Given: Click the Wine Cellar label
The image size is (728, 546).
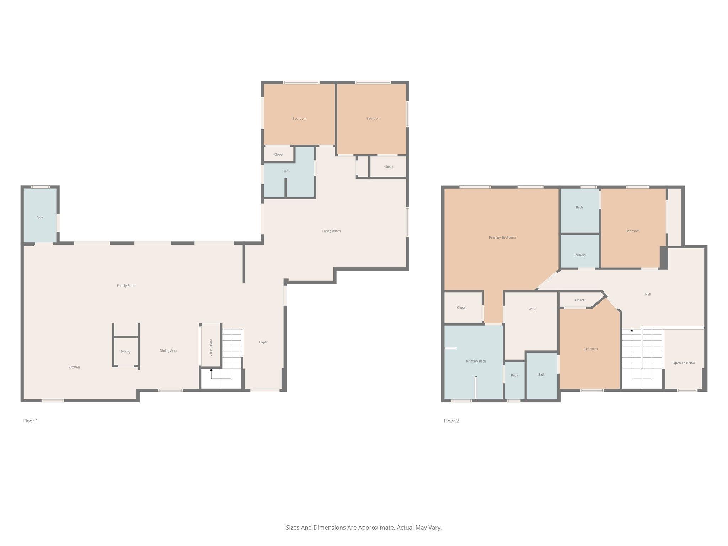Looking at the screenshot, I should point(211,348).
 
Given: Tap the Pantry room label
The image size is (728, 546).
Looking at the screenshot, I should point(125,352).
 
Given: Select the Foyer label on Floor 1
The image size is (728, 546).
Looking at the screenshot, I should point(263,342).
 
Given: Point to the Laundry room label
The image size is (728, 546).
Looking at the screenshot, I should point(580,255).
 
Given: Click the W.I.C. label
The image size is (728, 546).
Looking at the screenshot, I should point(532,309).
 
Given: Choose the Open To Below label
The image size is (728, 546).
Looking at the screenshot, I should point(684,363).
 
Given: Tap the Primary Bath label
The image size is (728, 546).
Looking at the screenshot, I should point(476,361).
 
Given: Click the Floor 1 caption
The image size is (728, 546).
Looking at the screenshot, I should point(31,421).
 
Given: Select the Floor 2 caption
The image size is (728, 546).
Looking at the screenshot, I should point(451,421).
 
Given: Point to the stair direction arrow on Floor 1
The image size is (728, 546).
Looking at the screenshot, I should point(211,370).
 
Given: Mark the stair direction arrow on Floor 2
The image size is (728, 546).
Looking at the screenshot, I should point(632,331).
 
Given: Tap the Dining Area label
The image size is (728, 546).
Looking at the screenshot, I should point(168,351).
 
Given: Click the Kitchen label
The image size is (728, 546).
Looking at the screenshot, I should point(74,367).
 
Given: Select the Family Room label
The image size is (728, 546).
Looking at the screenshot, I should point(127,286).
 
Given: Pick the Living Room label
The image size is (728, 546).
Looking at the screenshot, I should point(331,231).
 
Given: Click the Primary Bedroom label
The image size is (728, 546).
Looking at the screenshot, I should point(502,237).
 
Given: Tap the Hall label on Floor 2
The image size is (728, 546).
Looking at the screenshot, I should point(648,294).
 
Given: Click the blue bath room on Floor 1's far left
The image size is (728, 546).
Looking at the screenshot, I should point(40,215).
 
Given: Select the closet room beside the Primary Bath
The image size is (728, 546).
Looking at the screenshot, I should point(462,307).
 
